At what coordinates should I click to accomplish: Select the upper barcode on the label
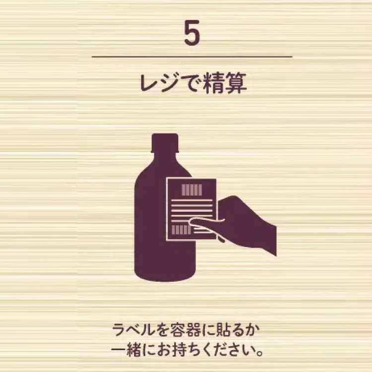[x=191, y=189]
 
